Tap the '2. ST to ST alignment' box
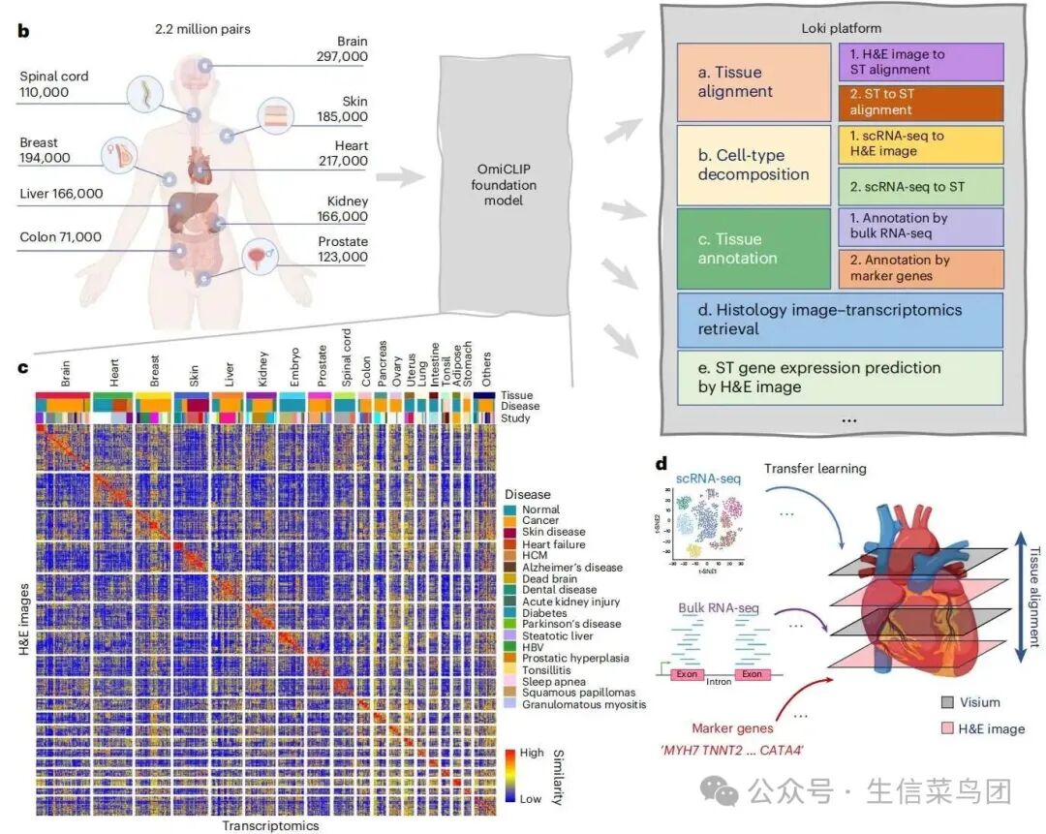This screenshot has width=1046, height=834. [x=920, y=102]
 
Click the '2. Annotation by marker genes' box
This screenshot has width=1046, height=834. [x=920, y=268]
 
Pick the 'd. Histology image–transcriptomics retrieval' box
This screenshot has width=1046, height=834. [x=840, y=320]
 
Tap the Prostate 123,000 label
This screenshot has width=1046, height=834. [x=343, y=249]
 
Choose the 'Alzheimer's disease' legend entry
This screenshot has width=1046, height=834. [x=571, y=567]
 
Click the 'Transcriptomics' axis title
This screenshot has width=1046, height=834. [x=270, y=825]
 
